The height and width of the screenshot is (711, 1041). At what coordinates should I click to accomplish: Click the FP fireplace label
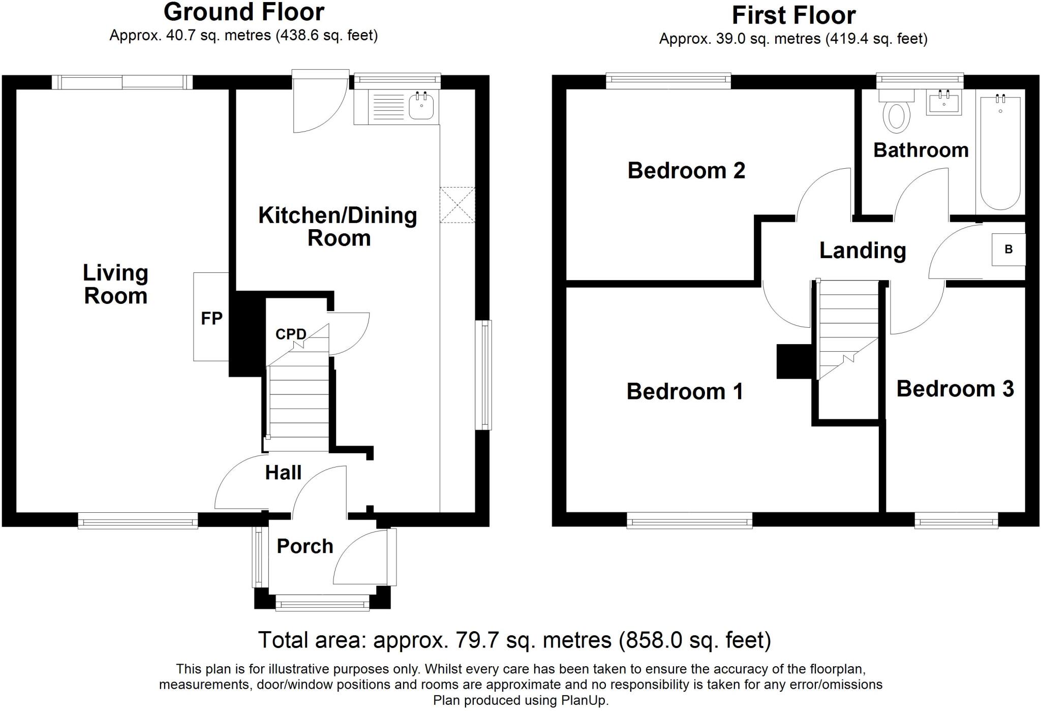click(211, 319)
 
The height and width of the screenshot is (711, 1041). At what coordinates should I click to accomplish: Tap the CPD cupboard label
click(291, 334)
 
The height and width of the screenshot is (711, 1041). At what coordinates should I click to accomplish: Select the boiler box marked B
click(1008, 250)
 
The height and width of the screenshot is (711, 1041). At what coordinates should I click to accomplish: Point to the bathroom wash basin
click(944, 103)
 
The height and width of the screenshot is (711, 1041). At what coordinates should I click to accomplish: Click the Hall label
click(283, 473)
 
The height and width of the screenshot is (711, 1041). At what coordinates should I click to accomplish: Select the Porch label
click(305, 546)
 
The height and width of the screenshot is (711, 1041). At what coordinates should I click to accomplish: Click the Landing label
click(863, 251)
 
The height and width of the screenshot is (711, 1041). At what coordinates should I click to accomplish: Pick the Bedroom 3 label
click(955, 389)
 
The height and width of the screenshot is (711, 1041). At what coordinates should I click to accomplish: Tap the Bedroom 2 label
click(686, 170)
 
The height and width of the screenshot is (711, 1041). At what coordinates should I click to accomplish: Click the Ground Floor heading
click(243, 12)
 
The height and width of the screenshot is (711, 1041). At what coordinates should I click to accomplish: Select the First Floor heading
click(793, 15)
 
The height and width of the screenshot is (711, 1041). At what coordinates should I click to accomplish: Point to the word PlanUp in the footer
click(585, 701)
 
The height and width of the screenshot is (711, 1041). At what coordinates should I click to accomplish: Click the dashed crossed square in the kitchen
click(457, 205)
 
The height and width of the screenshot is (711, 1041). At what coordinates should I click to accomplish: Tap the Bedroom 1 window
click(690, 520)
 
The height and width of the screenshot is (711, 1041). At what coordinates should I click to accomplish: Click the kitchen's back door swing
click(321, 102)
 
